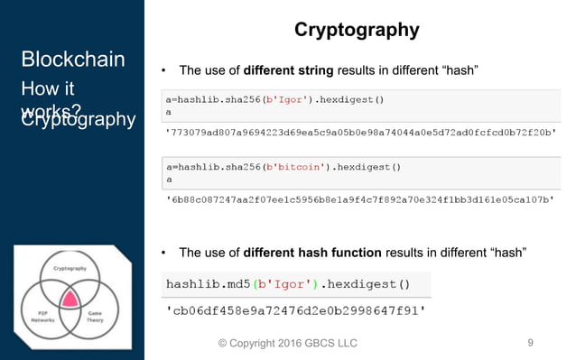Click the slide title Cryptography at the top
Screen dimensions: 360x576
point(357,30)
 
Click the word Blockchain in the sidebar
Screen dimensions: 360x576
point(72,60)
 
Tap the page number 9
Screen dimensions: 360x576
point(530,342)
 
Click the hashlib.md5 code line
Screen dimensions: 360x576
point(287,284)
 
